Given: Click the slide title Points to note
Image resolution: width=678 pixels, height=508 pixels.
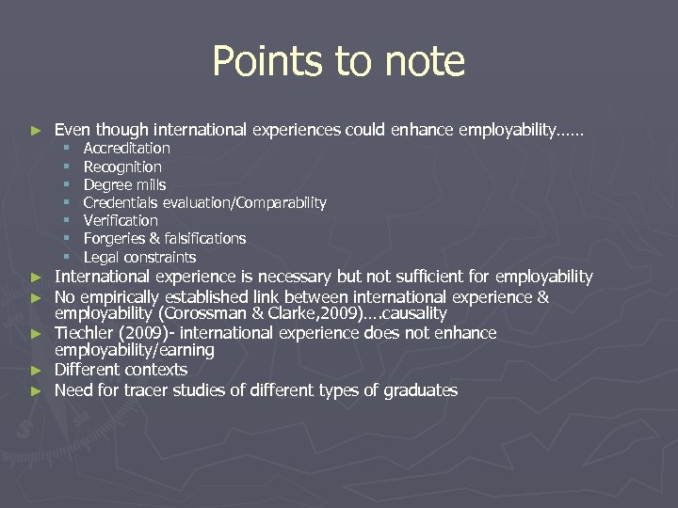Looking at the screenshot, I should [x=339, y=62].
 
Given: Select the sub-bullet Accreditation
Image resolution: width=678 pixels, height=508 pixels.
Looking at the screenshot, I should [x=127, y=149].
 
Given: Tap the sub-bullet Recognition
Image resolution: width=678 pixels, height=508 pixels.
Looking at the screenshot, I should [x=122, y=167].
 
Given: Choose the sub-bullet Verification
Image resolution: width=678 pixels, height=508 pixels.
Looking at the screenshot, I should [x=121, y=220].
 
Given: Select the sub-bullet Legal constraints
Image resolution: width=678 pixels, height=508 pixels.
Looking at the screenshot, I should [x=139, y=257].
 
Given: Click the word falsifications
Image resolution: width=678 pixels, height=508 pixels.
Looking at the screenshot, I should [x=203, y=239].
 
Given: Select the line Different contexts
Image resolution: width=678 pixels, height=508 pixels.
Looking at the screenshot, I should [x=121, y=370].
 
